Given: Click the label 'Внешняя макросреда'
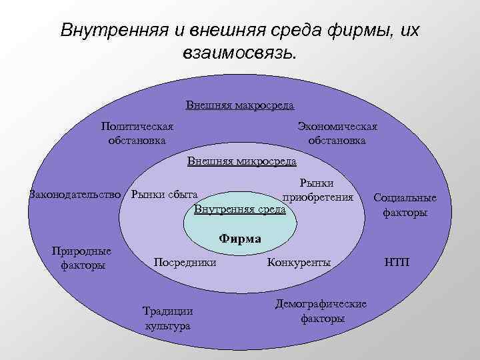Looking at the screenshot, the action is [x=240, y=105].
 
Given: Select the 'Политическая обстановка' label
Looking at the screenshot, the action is [x=137, y=133].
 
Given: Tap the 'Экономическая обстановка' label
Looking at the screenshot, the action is [x=337, y=133].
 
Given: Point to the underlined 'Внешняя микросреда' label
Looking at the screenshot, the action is [x=241, y=161].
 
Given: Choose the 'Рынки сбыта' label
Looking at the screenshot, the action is [x=165, y=195].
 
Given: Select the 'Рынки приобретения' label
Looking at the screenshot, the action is [x=317, y=189].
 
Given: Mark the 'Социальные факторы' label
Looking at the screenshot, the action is [x=405, y=205].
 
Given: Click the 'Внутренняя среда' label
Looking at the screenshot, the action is [x=239, y=209].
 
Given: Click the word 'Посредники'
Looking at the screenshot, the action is [x=185, y=262].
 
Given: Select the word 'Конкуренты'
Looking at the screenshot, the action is [x=299, y=262].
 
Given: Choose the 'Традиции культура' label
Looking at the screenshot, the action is [x=168, y=317].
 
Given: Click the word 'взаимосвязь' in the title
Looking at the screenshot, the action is [x=236, y=53].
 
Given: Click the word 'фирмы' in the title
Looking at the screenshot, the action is [x=355, y=31].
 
